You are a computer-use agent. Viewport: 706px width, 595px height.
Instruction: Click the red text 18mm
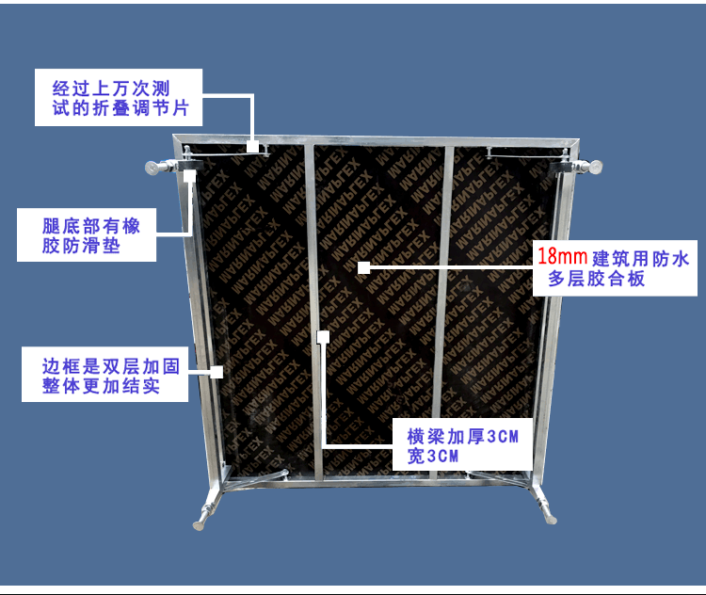(562, 255)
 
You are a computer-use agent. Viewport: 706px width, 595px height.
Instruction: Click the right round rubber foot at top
(597, 168)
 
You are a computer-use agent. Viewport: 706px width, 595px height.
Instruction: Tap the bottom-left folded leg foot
(201, 518)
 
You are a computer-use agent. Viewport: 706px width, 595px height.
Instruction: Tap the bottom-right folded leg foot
(549, 516)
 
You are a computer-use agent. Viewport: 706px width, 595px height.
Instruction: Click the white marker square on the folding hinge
(252, 147)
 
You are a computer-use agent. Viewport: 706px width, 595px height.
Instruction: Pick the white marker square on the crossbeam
(323, 334)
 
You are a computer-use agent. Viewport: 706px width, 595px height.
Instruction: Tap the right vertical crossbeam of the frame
(448, 311)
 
